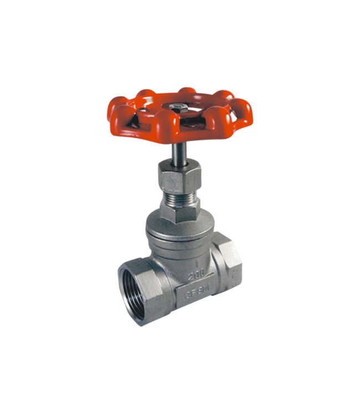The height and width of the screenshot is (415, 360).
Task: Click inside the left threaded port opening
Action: (138, 292)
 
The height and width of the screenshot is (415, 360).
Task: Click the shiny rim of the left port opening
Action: (123, 282)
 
